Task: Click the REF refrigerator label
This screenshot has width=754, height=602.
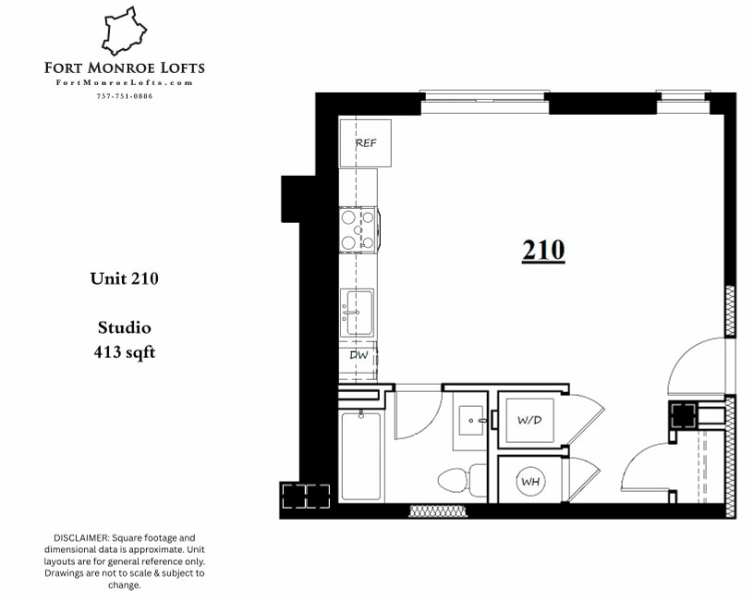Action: [366, 142]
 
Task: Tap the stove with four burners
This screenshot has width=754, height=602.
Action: [358, 230]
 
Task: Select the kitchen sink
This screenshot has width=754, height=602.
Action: [357, 312]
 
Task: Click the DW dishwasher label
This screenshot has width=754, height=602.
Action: [359, 354]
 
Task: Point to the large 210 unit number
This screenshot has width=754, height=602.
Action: [543, 251]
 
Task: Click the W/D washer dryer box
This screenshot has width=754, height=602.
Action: [529, 420]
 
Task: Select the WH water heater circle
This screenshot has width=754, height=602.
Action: [529, 481]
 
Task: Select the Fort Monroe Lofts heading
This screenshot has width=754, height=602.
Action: [125, 68]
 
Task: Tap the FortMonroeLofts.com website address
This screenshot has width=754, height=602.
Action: [125, 82]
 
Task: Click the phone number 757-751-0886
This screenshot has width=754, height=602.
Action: [125, 96]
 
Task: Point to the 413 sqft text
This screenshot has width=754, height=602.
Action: [124, 351]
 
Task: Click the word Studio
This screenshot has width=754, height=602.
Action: [124, 327]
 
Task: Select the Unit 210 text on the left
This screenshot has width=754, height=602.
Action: [124, 277]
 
